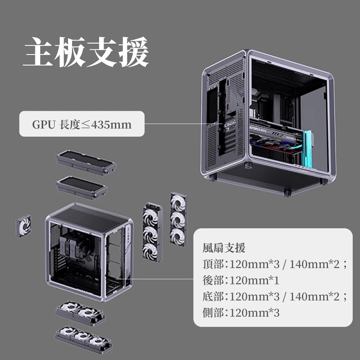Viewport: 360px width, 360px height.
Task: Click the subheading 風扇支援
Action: click(224, 247)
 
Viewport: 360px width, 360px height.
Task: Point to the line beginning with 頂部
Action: click(275, 264)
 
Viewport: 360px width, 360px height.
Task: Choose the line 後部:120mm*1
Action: click(241, 281)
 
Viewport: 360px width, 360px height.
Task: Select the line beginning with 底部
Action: click(275, 297)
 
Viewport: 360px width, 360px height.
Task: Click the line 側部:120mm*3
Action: click(241, 313)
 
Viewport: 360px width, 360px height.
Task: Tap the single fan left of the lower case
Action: click(23, 225)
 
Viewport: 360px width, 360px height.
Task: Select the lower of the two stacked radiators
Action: click(82, 187)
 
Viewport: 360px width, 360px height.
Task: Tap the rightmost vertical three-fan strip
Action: click(178, 219)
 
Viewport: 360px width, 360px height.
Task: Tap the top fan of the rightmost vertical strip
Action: click(178, 203)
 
